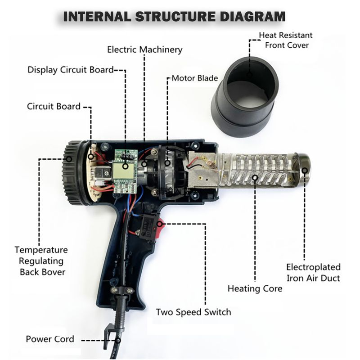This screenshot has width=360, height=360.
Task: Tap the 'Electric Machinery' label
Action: coord(144,49)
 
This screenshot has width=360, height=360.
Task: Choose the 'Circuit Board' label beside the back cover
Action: coord(54,107)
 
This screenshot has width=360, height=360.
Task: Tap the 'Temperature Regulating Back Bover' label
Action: coord(41,261)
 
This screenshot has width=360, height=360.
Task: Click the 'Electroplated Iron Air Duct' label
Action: coord(313,272)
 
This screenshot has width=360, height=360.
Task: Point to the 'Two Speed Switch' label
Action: coord(193,312)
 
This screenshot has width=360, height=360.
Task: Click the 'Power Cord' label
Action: coord(50,339)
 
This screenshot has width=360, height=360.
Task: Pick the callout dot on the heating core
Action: coord(255,177)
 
